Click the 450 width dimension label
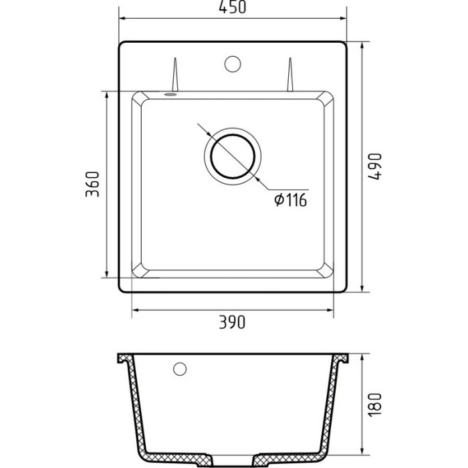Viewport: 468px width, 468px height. click(x=233, y=9)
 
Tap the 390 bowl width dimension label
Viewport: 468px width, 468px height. click(x=233, y=322)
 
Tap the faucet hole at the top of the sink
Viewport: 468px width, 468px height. click(x=233, y=64)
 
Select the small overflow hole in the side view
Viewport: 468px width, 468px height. click(x=179, y=368)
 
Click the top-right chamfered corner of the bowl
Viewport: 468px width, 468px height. click(x=328, y=97)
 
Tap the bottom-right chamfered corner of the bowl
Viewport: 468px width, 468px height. click(x=328, y=271)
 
